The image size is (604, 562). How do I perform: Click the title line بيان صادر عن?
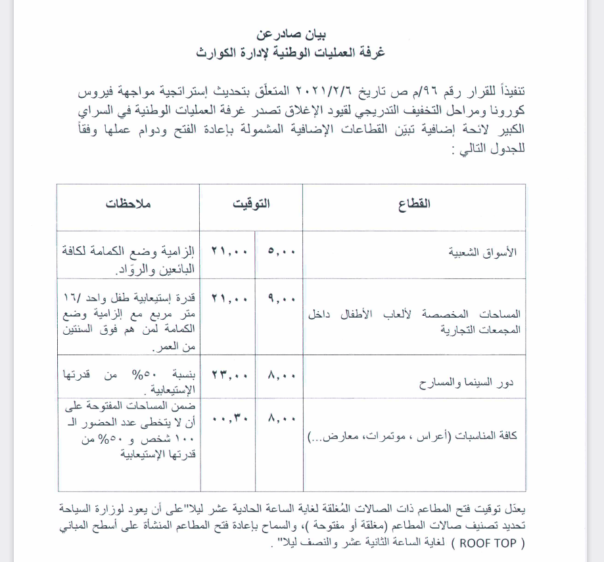coord(290,34)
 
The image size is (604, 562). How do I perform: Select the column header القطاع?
coord(414,204)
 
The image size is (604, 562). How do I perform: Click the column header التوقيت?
coord(252,204)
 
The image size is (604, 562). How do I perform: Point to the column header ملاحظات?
coord(129,204)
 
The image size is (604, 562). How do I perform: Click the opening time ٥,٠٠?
coord(281,251)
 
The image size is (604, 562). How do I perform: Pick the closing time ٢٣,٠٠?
coord(229,376)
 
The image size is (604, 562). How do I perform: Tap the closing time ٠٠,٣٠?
coord(229,416)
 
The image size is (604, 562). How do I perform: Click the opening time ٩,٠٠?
coord(281,299)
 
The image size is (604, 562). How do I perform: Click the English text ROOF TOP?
coord(487,543)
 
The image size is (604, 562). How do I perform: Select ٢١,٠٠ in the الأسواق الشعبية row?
coord(229,251)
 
